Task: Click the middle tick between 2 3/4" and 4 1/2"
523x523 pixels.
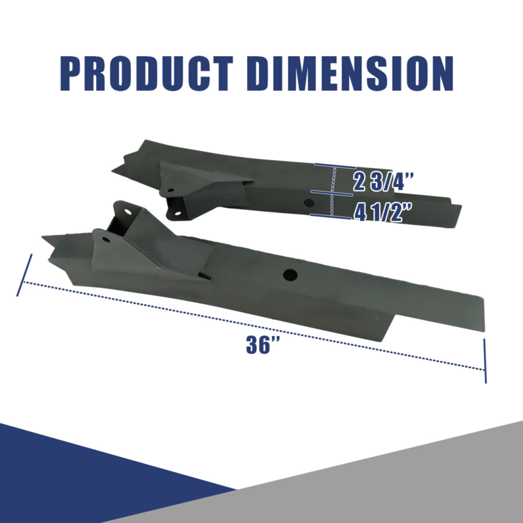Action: click(333, 192)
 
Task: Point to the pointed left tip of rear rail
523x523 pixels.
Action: click(113, 173)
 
